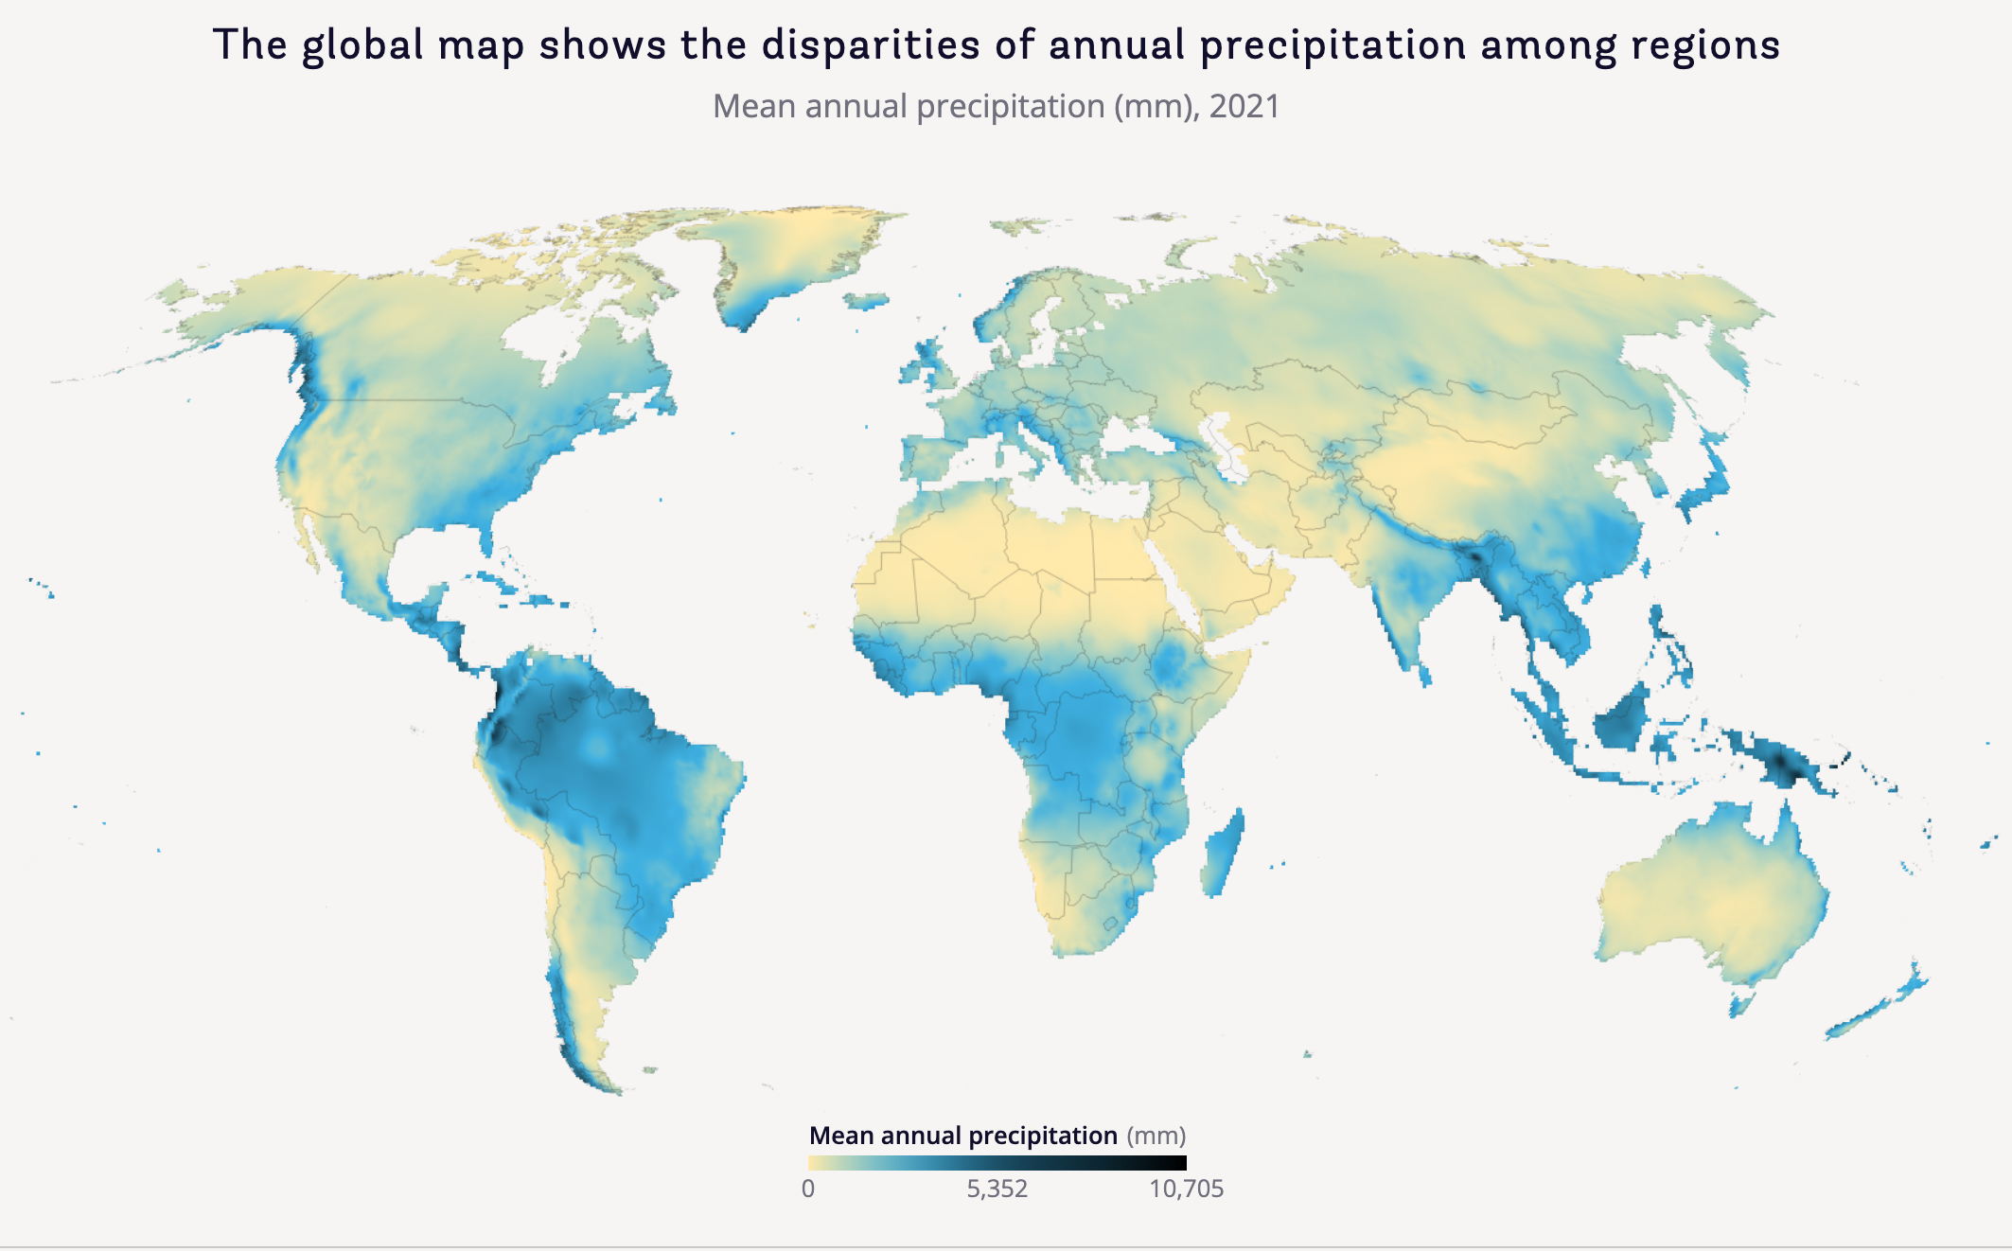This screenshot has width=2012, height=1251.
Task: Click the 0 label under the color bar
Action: click(x=808, y=1189)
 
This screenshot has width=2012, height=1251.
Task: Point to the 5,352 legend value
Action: click(x=997, y=1189)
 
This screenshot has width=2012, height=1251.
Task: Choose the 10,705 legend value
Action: click(x=1186, y=1189)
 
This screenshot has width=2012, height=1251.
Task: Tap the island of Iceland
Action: click(x=867, y=301)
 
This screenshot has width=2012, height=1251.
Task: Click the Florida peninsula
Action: click(x=486, y=541)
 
